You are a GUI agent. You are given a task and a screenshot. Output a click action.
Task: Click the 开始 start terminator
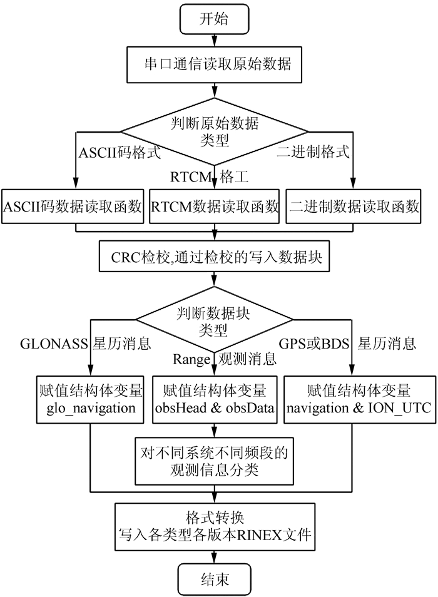(x=214, y=19)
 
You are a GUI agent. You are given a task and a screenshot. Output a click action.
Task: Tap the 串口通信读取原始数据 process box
(x=214, y=64)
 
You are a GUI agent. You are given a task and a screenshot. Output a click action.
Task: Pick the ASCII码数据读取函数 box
(x=74, y=206)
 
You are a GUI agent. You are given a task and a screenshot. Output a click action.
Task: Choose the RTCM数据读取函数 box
(x=215, y=206)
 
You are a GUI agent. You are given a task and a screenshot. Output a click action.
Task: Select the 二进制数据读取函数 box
(x=354, y=206)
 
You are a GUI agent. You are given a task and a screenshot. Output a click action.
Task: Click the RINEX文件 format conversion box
(x=214, y=527)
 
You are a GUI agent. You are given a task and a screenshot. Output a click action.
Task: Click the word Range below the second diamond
(x=192, y=359)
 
